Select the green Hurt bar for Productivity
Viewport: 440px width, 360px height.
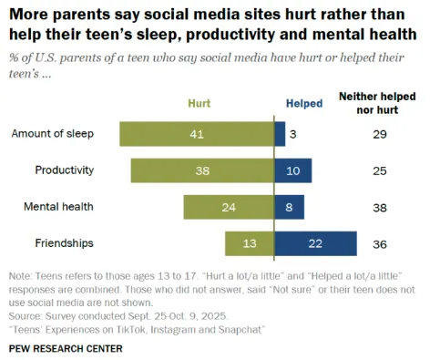point(202,170)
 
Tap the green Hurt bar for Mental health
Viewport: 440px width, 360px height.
point(228,207)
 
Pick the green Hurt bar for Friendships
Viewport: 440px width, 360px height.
point(249,243)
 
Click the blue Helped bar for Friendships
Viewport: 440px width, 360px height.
point(315,243)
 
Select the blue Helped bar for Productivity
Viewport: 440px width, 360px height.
point(292,170)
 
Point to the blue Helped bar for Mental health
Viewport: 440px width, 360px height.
point(289,207)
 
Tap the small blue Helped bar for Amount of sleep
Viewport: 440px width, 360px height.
point(279,134)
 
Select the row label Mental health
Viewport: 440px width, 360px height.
point(59,207)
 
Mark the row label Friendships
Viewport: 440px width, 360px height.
point(66,243)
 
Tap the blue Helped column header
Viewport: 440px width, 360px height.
point(303,104)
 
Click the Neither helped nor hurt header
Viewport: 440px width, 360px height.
point(380,101)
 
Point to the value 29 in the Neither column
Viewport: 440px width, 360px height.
point(380,134)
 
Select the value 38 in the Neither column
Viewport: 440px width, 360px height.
point(380,207)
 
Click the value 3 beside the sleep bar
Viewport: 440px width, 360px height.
point(294,134)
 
